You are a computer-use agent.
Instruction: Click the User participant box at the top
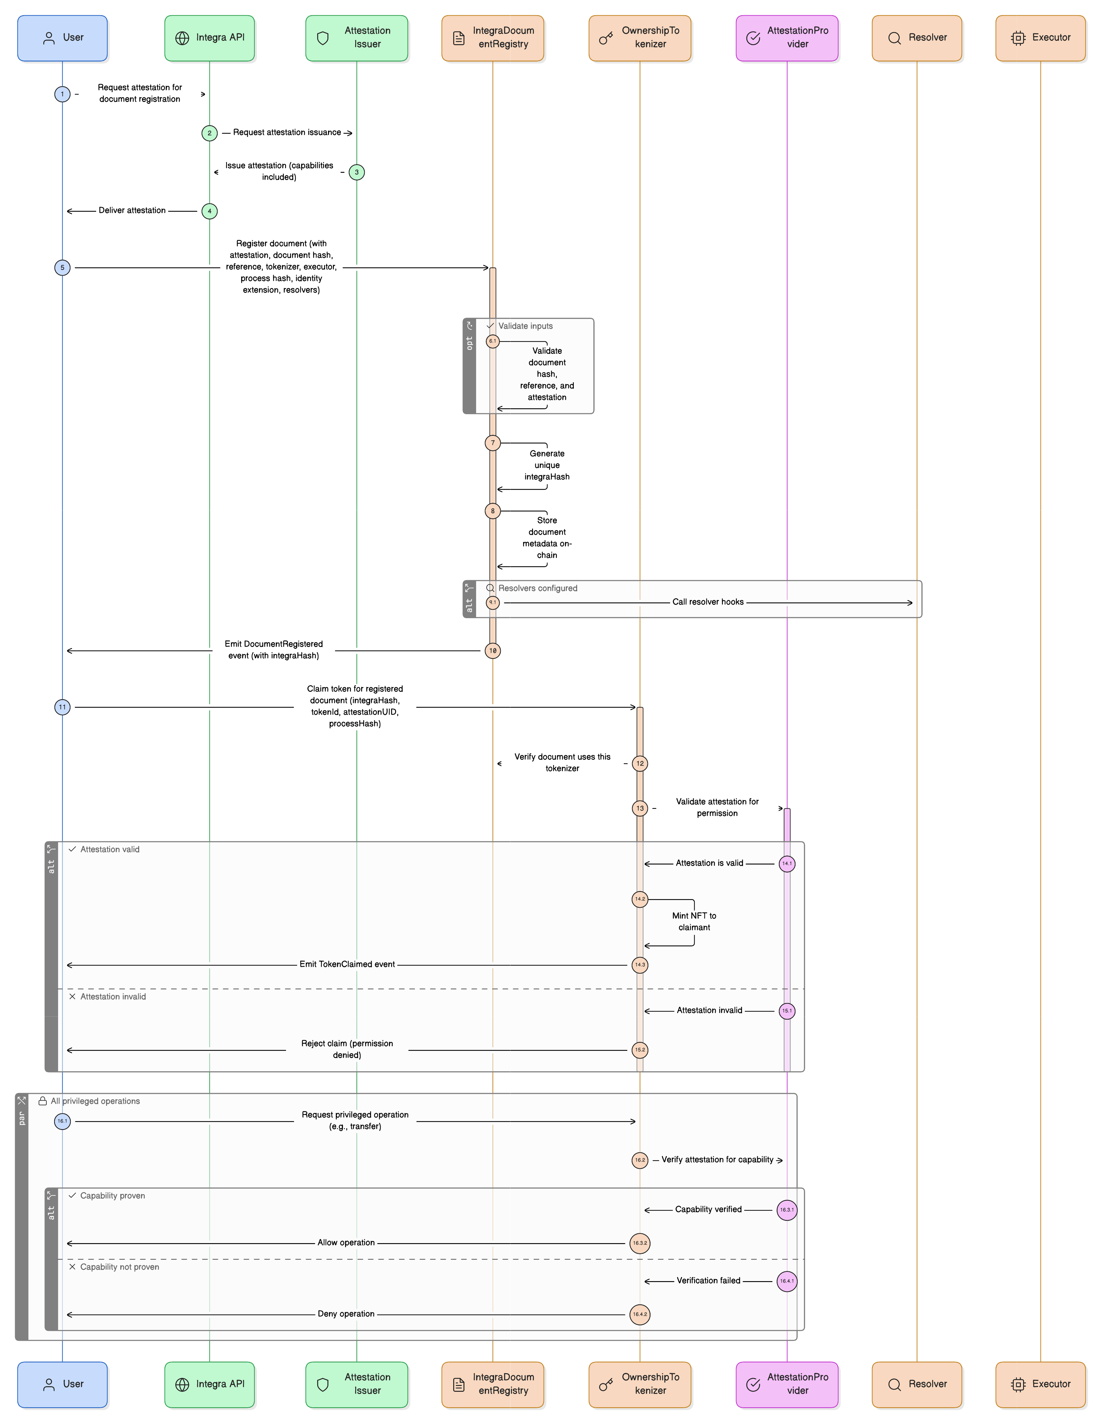[x=62, y=38]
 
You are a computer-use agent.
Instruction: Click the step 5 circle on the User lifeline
[x=62, y=268]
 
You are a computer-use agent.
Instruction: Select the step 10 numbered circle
[x=493, y=651]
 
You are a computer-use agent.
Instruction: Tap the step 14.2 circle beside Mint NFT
[x=640, y=899]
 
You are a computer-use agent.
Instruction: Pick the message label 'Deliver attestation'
[x=132, y=210]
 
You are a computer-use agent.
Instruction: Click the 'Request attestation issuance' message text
[x=287, y=132]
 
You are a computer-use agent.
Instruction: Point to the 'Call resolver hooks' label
[x=708, y=602]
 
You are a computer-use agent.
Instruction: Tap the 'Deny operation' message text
[x=346, y=1314]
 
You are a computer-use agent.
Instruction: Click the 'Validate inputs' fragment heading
[x=525, y=326]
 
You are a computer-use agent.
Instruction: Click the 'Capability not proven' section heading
[x=119, y=1267]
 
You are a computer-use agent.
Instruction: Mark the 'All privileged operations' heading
[x=95, y=1101]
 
